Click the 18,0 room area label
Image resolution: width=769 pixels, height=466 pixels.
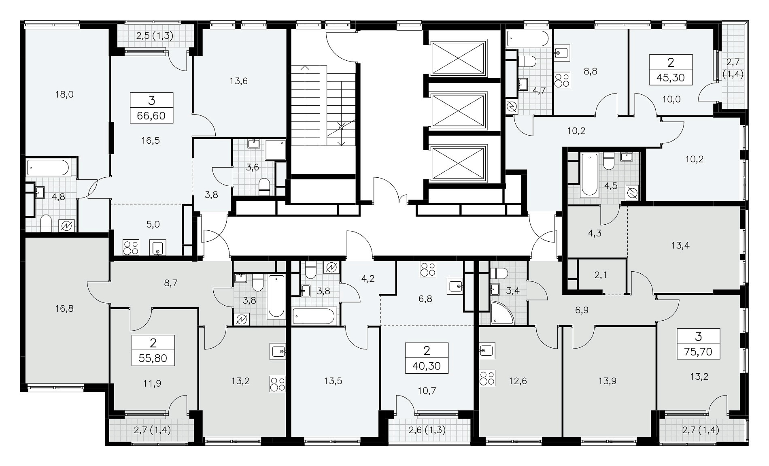65,94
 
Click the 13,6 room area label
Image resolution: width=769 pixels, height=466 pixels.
238,81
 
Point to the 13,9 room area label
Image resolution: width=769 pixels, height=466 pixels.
607,381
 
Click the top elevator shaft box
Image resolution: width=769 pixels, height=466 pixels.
459,57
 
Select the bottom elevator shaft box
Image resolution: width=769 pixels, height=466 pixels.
459,163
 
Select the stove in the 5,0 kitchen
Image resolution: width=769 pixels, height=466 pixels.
131,247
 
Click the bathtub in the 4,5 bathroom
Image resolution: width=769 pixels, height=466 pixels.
590,175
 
